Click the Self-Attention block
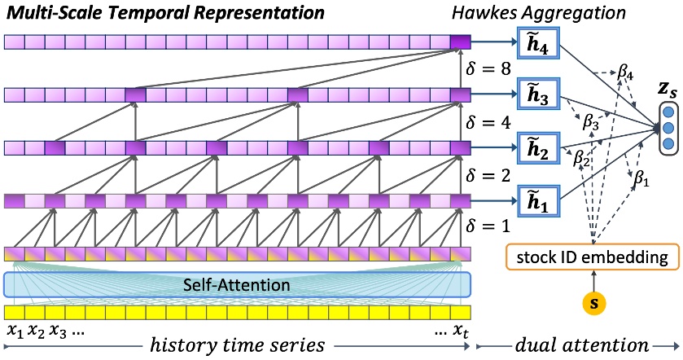coord(237,283)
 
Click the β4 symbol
coord(625,72)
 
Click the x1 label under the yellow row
coord(14,331)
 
